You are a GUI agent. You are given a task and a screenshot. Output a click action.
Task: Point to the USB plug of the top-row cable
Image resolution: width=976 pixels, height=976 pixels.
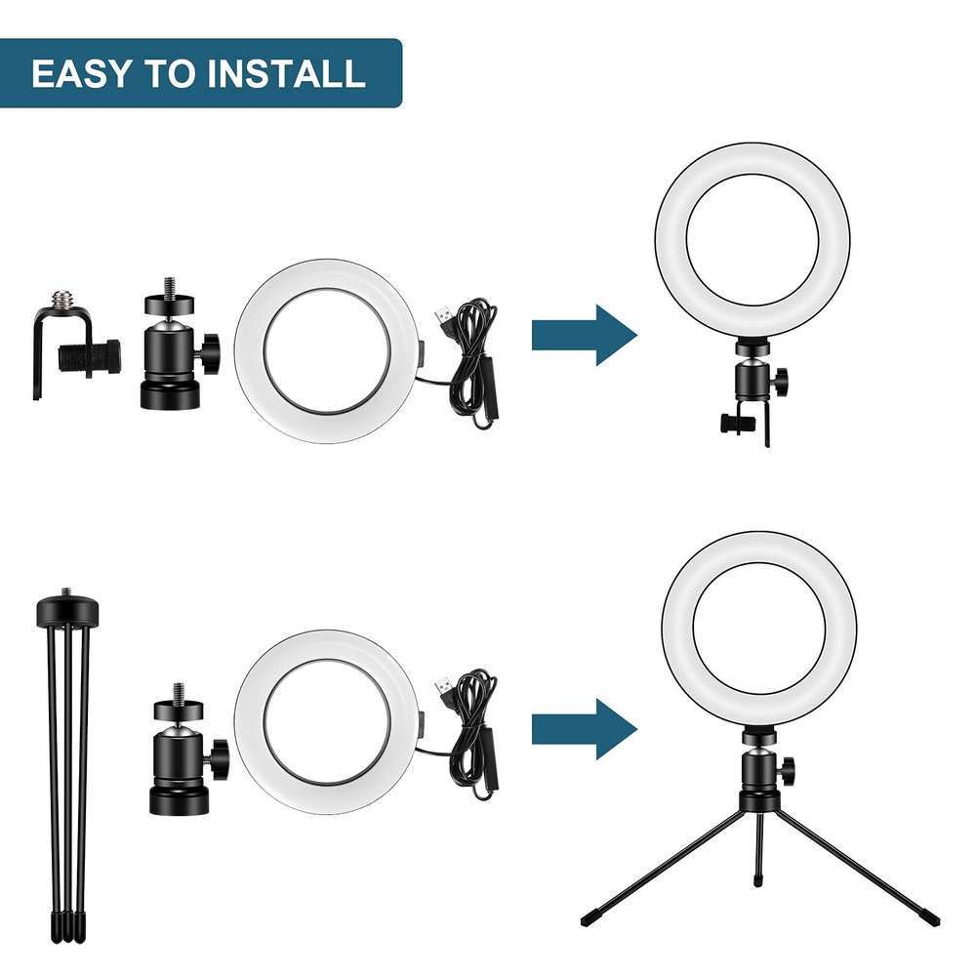tap(441, 316)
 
